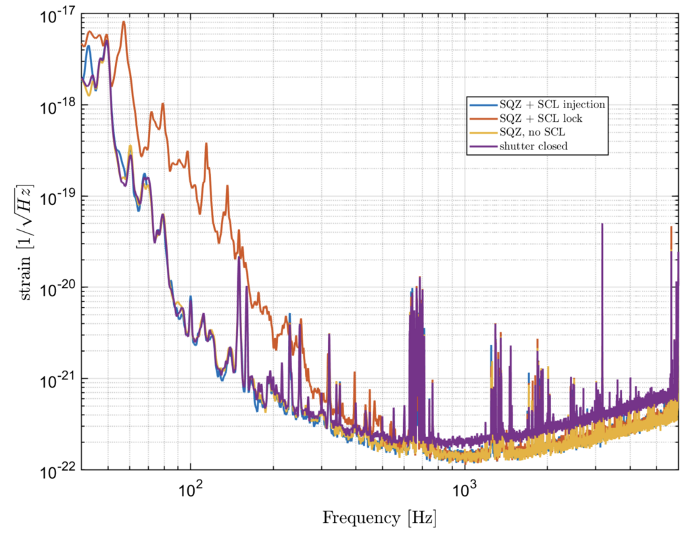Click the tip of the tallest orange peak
click(123, 22)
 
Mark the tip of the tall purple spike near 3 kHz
click(602, 224)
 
